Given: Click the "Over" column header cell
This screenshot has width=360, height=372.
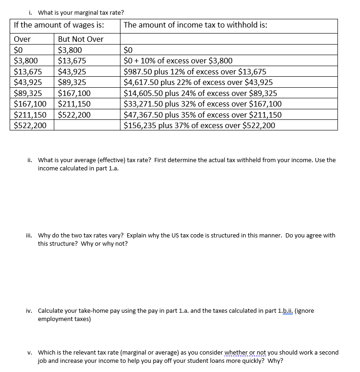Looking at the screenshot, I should (23, 39).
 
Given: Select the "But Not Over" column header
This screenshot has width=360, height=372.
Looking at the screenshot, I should (80, 39).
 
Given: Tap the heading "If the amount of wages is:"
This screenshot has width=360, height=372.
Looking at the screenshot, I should (59, 25).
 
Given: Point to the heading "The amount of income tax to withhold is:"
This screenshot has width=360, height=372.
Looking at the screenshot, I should (195, 25).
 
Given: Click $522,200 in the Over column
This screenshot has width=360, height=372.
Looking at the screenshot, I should (30, 125).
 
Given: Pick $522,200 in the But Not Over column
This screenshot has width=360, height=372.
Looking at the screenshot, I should (74, 115).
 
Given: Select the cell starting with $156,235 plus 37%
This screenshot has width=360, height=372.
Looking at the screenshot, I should (200, 125).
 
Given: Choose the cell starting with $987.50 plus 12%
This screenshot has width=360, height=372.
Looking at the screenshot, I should (195, 72).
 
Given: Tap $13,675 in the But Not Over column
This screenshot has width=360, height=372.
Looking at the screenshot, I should (72, 61).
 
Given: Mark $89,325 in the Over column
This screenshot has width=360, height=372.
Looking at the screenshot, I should (28, 93).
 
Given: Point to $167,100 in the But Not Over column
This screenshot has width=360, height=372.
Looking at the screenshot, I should (74, 93).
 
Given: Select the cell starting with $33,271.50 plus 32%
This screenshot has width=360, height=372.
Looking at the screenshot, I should (202, 104).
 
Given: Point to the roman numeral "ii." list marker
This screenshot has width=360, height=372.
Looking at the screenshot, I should (30, 160).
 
